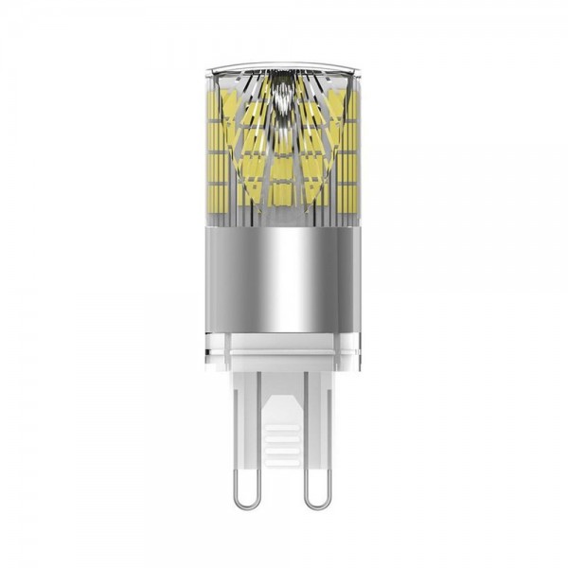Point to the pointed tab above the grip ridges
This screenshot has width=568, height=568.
[x=281, y=402]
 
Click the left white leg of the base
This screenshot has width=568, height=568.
[x=241, y=417]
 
